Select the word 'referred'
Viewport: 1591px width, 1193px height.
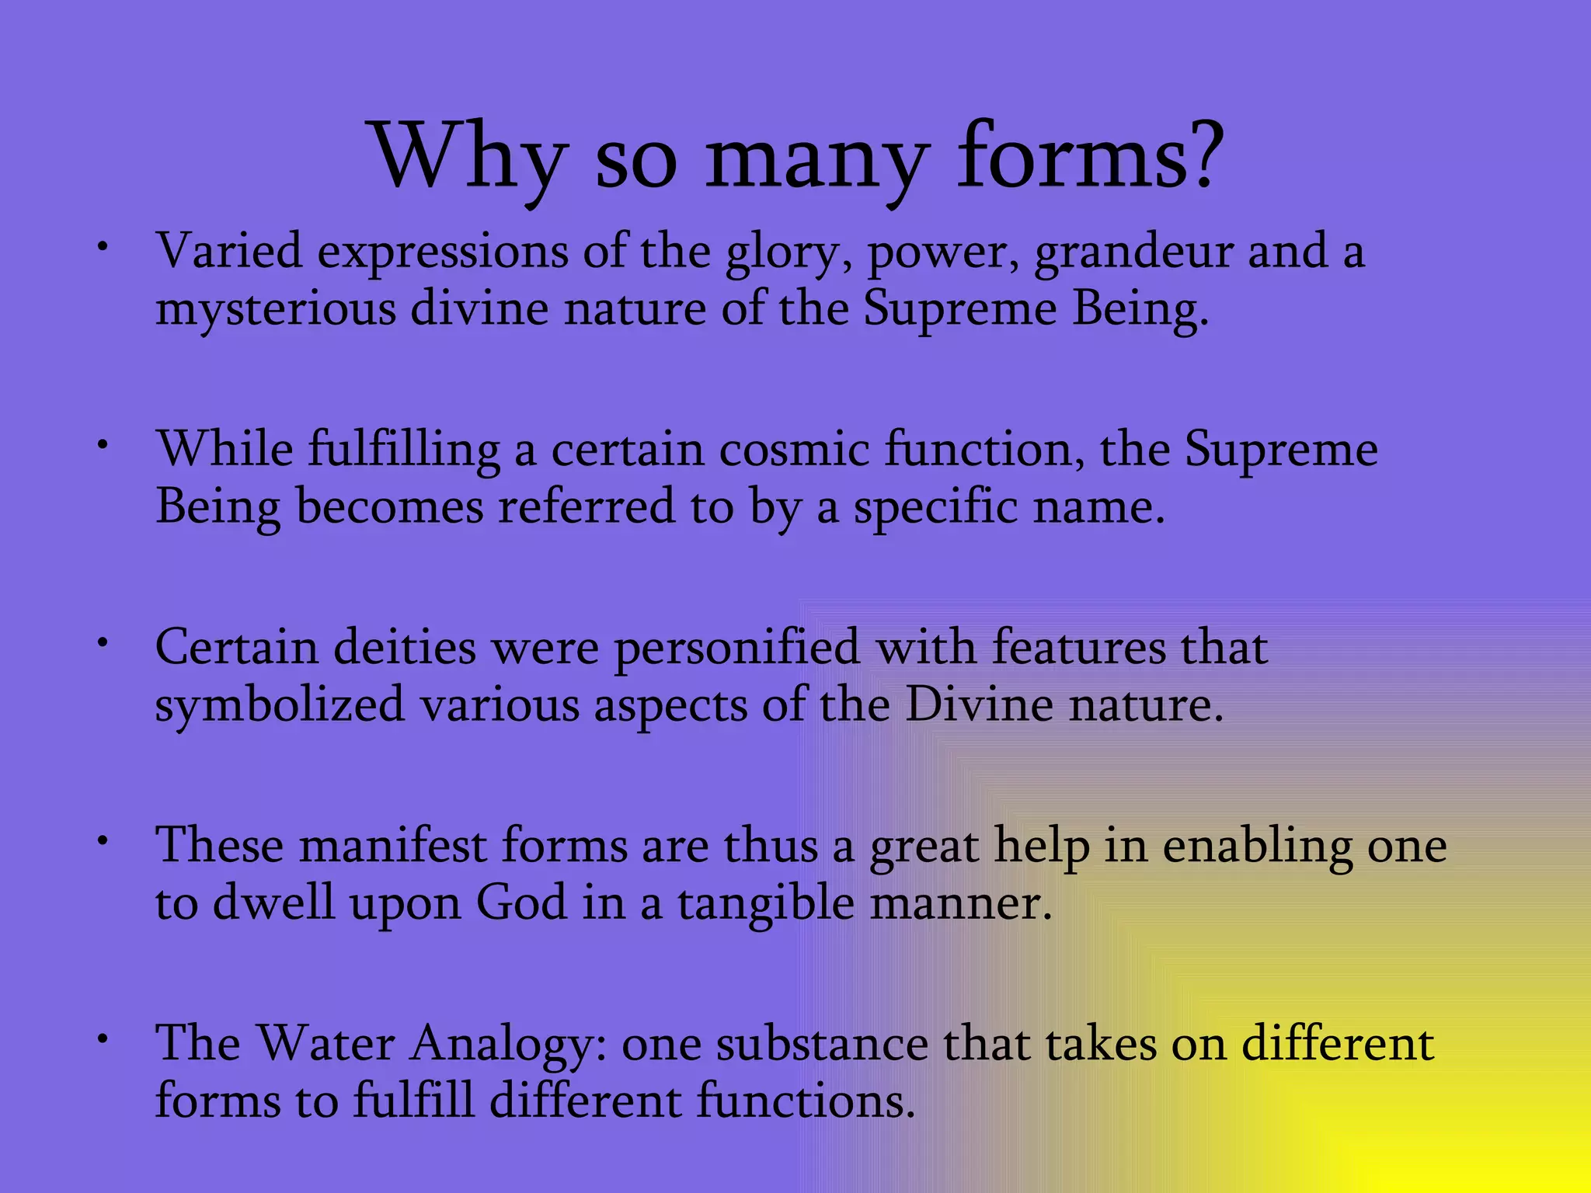(587, 507)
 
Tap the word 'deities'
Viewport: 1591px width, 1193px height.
(405, 648)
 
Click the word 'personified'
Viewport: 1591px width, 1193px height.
(737, 649)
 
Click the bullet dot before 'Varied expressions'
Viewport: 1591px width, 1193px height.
(102, 247)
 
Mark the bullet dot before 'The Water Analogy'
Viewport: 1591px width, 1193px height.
(102, 1038)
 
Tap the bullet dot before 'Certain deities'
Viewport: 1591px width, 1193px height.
(102, 643)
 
